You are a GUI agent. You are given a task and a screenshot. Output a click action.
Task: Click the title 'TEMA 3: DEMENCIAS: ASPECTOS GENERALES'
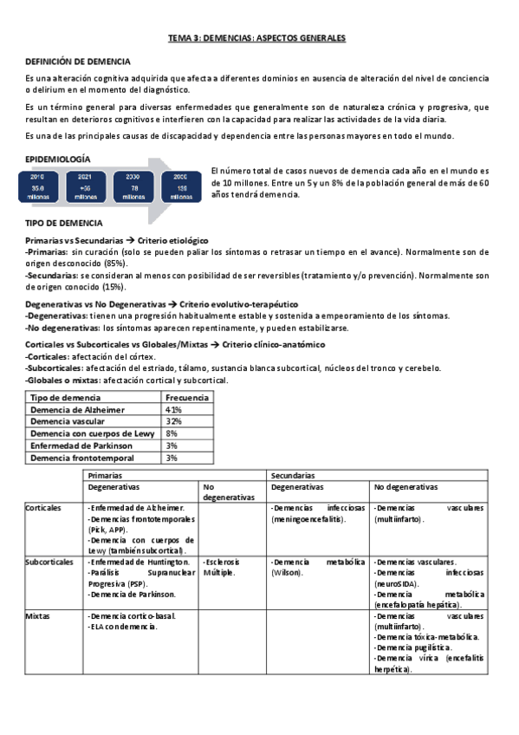pyautogui.click(x=256, y=39)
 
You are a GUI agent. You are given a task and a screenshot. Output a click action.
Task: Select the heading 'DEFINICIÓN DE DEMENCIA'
pyautogui.click(x=78, y=62)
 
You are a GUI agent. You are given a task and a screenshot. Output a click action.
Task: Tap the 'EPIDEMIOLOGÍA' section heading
pyautogui.click(x=59, y=159)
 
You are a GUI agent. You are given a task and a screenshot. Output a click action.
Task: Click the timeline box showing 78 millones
pyautogui.click(x=133, y=185)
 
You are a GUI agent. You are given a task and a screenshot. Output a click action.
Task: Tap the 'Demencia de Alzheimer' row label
pyautogui.click(x=77, y=409)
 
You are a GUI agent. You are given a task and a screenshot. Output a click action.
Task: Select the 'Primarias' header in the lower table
pyautogui.click(x=105, y=476)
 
